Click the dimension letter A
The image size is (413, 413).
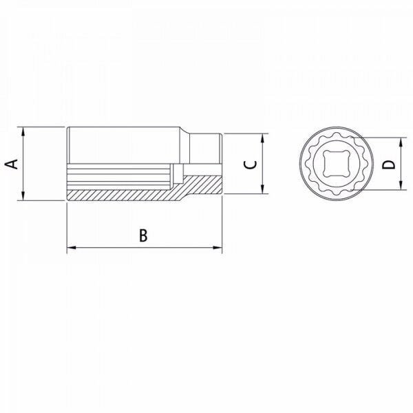coord(11,164)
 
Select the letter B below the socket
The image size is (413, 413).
coord(143,235)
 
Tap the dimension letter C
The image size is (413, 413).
coord(251,164)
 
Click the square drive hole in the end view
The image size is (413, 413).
coord(337,164)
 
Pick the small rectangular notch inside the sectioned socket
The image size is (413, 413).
coord(179,171)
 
